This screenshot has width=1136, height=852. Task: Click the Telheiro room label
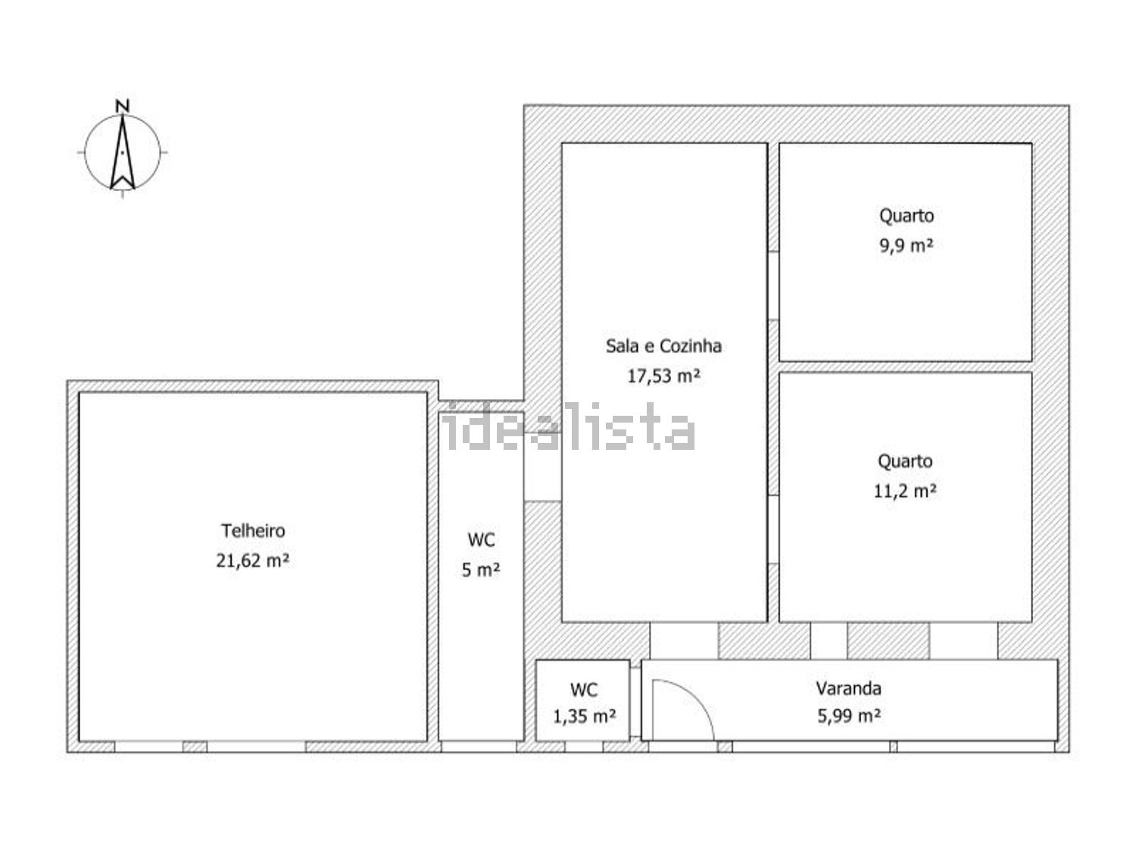253,531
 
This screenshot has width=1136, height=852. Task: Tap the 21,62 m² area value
252,560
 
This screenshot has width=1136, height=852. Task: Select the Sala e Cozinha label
663,345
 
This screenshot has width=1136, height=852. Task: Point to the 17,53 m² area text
663,376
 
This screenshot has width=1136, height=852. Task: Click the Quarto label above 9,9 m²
907,216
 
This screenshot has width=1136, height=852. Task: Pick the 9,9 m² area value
907,245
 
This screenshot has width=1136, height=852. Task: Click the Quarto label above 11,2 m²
905,461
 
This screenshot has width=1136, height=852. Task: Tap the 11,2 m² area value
905,491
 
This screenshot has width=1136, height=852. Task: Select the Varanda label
848,688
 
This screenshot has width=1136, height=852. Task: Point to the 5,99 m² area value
849,716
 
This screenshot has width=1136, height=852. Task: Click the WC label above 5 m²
481,540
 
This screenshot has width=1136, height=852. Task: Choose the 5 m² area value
480,570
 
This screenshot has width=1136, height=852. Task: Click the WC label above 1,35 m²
584,690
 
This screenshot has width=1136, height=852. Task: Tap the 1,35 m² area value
584,717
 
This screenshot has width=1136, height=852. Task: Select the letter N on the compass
123,106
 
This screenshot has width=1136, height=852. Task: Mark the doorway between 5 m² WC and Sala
542,467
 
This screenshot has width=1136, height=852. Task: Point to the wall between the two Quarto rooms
905,367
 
